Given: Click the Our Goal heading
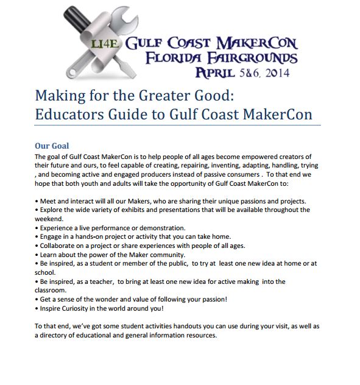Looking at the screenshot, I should pos(52,146).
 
